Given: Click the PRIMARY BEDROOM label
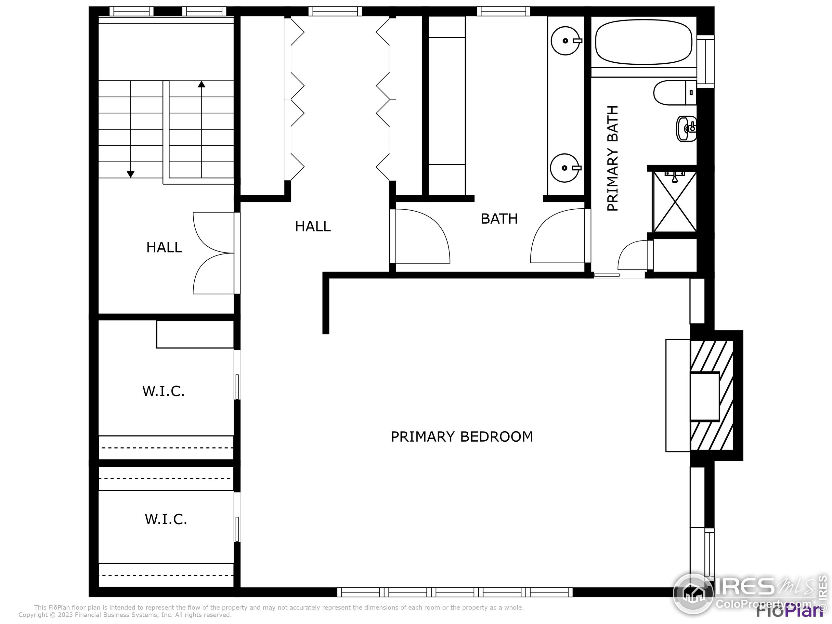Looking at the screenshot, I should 461,437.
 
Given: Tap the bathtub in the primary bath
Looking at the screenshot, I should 643,42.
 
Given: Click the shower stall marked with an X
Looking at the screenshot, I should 675,202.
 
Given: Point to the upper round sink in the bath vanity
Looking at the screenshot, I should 565,40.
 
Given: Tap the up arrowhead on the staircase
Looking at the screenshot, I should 201,84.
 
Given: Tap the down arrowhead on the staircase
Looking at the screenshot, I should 131,174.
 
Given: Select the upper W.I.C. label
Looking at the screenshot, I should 163,392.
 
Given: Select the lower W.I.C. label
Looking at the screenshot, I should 165,519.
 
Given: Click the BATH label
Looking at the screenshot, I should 499,219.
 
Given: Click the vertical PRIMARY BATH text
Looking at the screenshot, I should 613,158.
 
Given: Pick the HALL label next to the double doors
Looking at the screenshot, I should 164,248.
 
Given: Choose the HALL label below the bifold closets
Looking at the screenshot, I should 313,227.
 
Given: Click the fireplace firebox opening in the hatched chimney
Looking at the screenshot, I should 704,396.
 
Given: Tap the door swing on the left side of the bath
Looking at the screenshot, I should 421,236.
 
